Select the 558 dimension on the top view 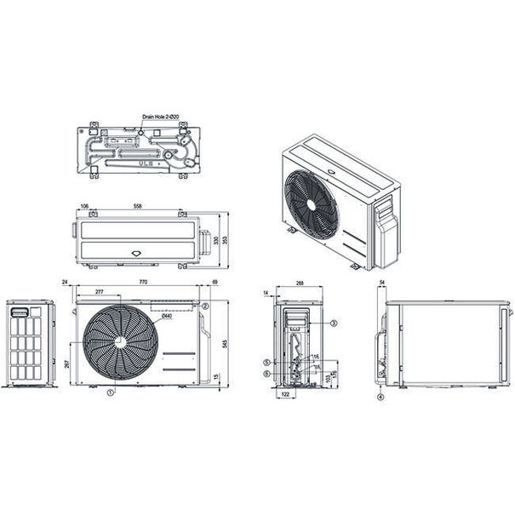[x=138, y=206]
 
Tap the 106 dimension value [x=84, y=206]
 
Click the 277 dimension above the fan [x=102, y=291]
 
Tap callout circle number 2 [x=205, y=306]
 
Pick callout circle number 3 [x=334, y=323]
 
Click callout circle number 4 [x=381, y=397]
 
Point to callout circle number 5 [x=266, y=363]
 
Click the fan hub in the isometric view [x=312, y=204]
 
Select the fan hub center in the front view [x=120, y=342]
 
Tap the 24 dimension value [x=65, y=281]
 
